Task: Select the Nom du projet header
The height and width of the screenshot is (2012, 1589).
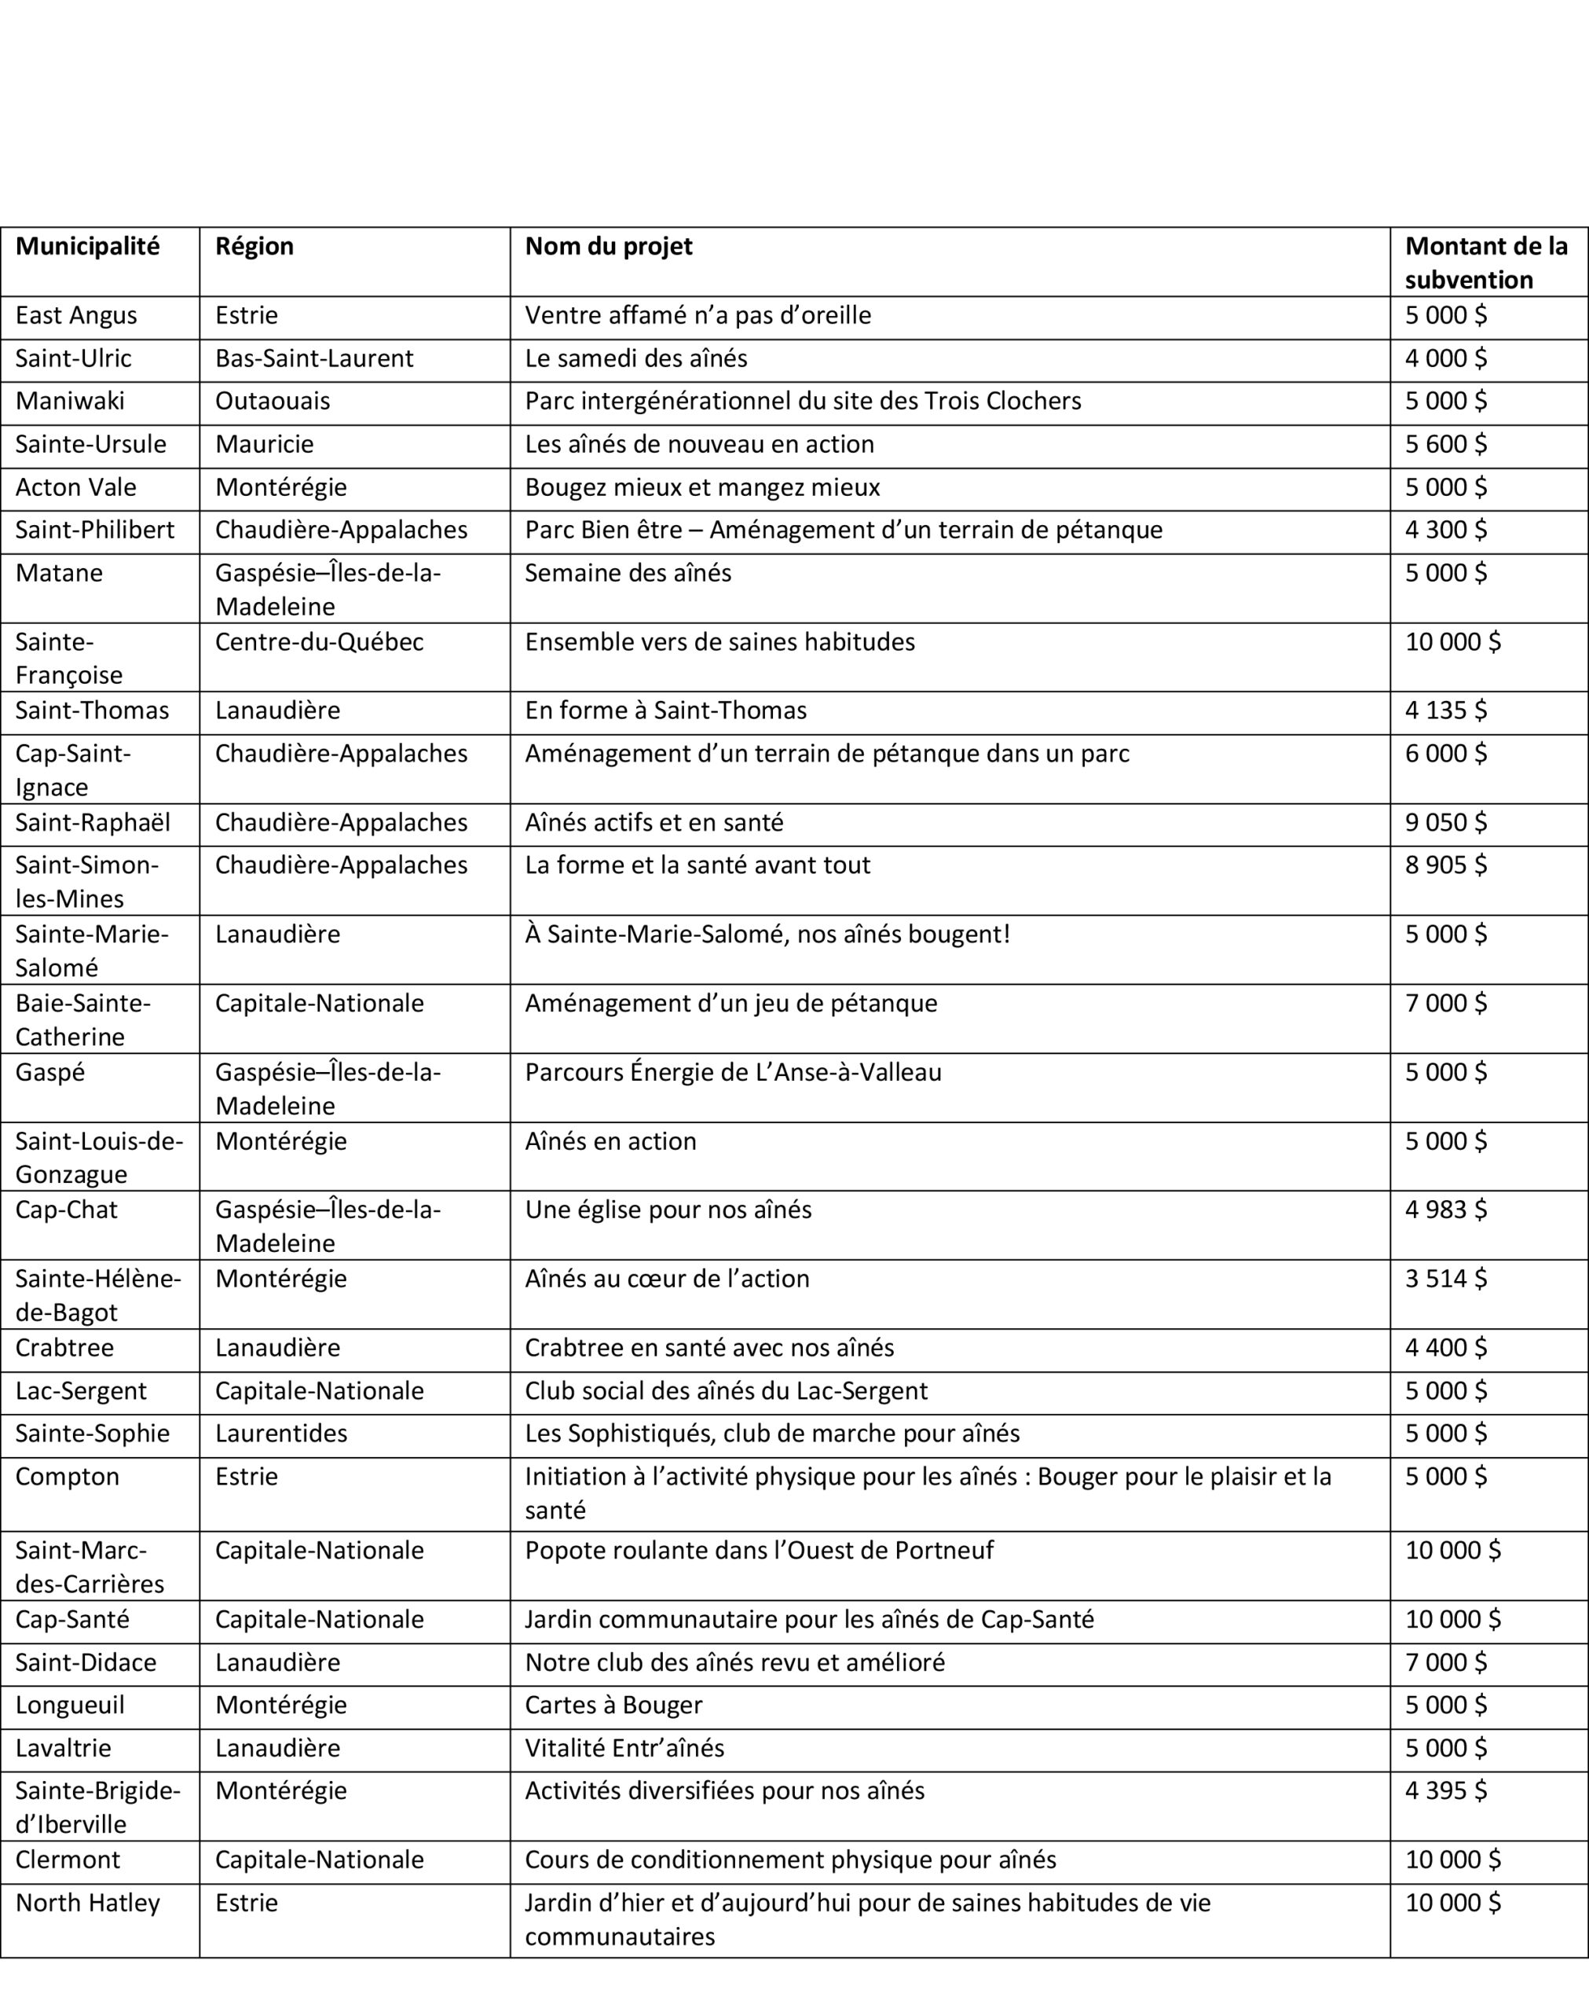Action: pyautogui.click(x=609, y=246)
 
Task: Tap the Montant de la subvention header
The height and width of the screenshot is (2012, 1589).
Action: pyautogui.click(x=1486, y=263)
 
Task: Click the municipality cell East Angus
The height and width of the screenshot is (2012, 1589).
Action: pyautogui.click(x=76, y=315)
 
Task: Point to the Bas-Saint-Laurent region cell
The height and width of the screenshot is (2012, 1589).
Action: pyautogui.click(x=313, y=358)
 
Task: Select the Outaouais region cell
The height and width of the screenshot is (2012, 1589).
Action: pyautogui.click(x=273, y=401)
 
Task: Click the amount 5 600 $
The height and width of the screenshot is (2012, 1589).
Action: pyautogui.click(x=1446, y=444)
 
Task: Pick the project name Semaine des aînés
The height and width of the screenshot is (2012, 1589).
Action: pyautogui.click(x=628, y=572)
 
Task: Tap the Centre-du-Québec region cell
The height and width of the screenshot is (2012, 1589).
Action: pyautogui.click(x=319, y=642)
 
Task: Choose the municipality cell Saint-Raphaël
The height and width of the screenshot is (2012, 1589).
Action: pyautogui.click(x=93, y=823)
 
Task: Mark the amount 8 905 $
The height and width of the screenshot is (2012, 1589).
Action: pyautogui.click(x=1446, y=865)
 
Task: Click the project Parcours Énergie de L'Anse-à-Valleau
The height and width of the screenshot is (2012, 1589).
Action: pyautogui.click(x=733, y=1072)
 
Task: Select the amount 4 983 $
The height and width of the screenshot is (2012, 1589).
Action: pyautogui.click(x=1446, y=1210)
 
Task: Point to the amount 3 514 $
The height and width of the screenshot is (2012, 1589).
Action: pyautogui.click(x=1446, y=1279)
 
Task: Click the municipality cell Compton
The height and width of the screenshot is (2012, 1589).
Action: pyautogui.click(x=67, y=1477)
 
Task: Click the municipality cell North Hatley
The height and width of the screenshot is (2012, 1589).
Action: pyautogui.click(x=87, y=1903)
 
